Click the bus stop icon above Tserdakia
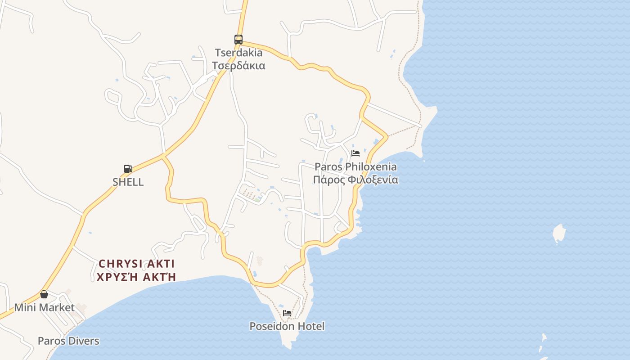click(238, 40)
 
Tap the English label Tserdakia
click(238, 53)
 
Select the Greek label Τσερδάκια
click(238, 66)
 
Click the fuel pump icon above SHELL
click(128, 169)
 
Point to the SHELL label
click(128, 182)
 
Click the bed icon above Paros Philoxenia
click(355, 153)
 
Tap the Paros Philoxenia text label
click(355, 167)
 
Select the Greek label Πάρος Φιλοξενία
click(355, 180)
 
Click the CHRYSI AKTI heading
click(136, 264)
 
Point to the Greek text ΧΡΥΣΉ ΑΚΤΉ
click(136, 277)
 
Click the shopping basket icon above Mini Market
click(44, 294)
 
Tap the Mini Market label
click(44, 308)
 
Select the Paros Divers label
click(68, 341)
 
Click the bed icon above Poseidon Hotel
click(287, 313)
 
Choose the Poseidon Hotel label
click(287, 326)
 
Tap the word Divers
click(83, 341)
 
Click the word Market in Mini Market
click(56, 308)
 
